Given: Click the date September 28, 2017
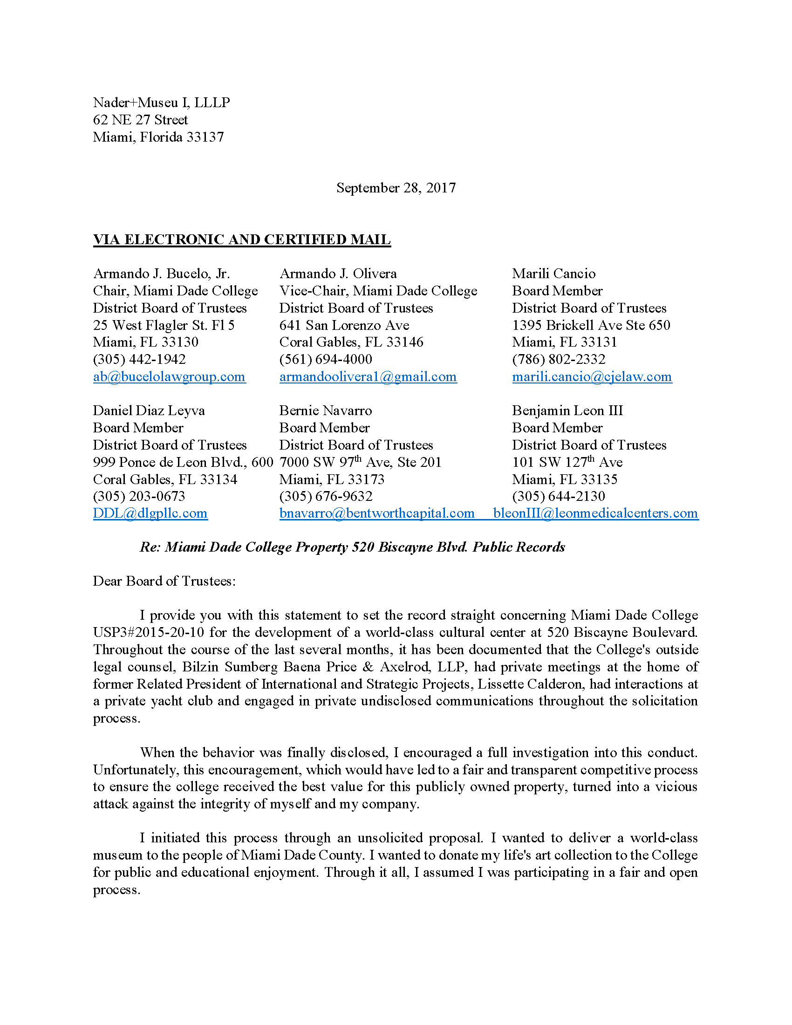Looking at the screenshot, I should (x=396, y=188).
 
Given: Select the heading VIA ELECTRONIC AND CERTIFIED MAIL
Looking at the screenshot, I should (x=242, y=239).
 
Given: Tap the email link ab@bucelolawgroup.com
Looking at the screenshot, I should (x=169, y=376).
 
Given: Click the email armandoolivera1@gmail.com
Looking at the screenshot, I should (x=368, y=376).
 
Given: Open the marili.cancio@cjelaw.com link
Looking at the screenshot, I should (x=592, y=376).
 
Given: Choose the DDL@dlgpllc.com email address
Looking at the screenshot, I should (x=150, y=513).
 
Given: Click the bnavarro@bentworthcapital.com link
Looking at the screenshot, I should (x=377, y=513).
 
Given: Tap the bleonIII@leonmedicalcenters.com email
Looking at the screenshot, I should (x=595, y=513).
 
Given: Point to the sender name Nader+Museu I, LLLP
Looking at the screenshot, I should (x=161, y=102).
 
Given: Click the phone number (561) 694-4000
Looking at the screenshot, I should (x=326, y=359).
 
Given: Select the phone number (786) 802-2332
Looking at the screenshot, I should (x=558, y=359).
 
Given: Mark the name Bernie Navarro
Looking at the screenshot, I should (x=325, y=410).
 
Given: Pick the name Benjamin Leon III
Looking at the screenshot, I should (x=567, y=410).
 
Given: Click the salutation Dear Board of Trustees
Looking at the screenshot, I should (x=164, y=581).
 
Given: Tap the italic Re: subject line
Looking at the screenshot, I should (x=352, y=547).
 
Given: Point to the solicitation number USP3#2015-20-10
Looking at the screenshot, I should (x=148, y=632).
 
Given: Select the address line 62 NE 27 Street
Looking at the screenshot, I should (x=140, y=120).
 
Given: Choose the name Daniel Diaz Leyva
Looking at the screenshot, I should (x=149, y=410).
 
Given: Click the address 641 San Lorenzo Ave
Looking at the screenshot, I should (x=344, y=325).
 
